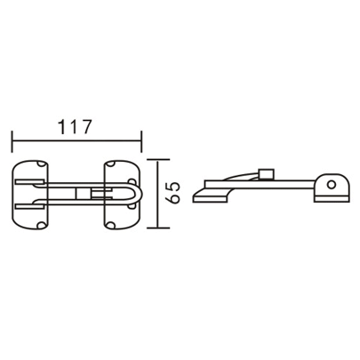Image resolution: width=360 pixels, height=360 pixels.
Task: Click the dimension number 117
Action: [x=76, y=126]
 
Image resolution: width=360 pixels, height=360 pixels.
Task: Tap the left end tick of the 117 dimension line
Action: [x=12, y=140]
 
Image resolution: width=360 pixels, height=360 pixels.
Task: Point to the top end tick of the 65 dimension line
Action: [x=158, y=160]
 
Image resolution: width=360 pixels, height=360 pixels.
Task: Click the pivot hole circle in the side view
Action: [x=332, y=185]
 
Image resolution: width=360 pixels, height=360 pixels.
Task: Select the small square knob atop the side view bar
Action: [x=263, y=172]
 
